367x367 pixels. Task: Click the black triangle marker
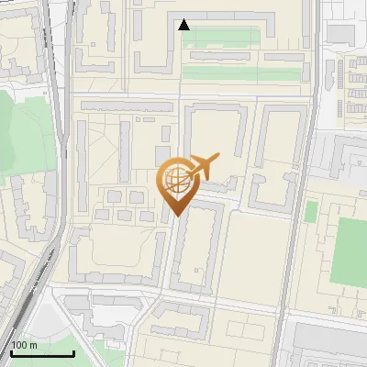[x=184, y=25]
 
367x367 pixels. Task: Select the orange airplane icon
[x=202, y=166]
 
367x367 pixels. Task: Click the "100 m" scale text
[x=24, y=345]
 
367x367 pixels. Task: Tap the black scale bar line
[x=41, y=353]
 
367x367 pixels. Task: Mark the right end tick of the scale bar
[x=73, y=351]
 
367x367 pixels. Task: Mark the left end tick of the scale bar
[x=9, y=351]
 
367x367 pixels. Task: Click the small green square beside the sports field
[x=311, y=212]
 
